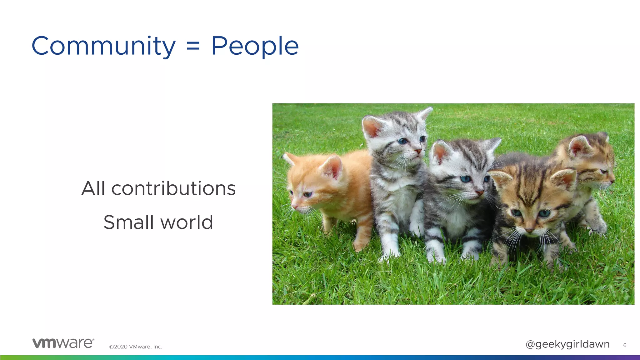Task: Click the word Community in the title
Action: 103,46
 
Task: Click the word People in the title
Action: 255,46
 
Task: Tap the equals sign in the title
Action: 193,47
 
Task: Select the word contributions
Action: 173,188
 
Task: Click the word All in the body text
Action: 93,188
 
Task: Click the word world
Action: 187,222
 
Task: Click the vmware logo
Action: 63,343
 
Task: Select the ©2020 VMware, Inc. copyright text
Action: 136,347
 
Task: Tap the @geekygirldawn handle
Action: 567,344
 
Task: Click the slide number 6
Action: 624,345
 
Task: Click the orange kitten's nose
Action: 294,207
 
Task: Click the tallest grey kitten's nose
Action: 417,151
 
